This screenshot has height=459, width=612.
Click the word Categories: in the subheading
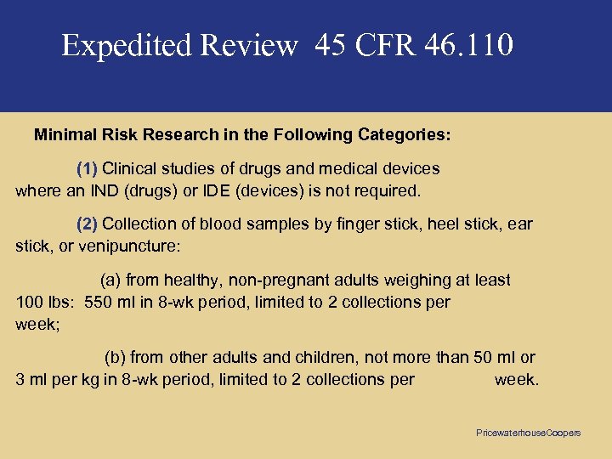click(x=405, y=135)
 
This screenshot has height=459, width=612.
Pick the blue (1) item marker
click(x=88, y=168)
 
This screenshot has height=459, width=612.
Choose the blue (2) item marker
click(x=88, y=224)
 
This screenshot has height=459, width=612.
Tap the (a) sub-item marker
click(x=110, y=280)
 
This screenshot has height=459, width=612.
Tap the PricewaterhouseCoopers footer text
click(x=528, y=433)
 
